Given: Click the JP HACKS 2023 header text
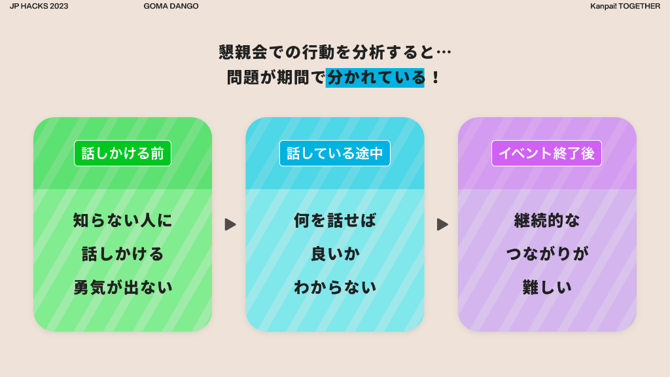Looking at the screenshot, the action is tap(39, 6).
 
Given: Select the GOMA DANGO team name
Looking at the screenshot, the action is tap(171, 6).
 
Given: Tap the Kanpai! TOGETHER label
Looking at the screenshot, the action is tap(625, 6).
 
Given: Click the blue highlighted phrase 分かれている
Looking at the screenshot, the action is tap(375, 78).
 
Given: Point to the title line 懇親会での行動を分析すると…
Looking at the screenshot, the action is tap(335, 52).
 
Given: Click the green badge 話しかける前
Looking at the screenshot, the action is tap(122, 153).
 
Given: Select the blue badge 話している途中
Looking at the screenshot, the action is tap(335, 153).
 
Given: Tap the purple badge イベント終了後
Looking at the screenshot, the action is tap(546, 153).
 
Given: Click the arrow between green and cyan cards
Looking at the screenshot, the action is tap(230, 224).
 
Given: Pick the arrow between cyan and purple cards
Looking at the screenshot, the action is tap(442, 224).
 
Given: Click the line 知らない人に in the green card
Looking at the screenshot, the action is tap(122, 221).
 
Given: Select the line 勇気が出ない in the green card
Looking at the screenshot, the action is tap(122, 287).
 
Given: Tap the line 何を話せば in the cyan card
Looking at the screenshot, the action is tap(335, 221).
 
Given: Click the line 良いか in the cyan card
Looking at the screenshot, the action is tap(335, 254).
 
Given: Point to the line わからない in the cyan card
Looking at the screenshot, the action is tap(335, 287).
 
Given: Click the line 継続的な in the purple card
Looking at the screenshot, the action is tap(547, 221).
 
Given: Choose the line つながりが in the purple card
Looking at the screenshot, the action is tap(547, 254).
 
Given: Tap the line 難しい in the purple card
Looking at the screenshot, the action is tap(547, 287).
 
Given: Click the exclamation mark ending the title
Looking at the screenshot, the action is tap(435, 78).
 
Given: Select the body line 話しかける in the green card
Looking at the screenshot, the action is tap(122, 254).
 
